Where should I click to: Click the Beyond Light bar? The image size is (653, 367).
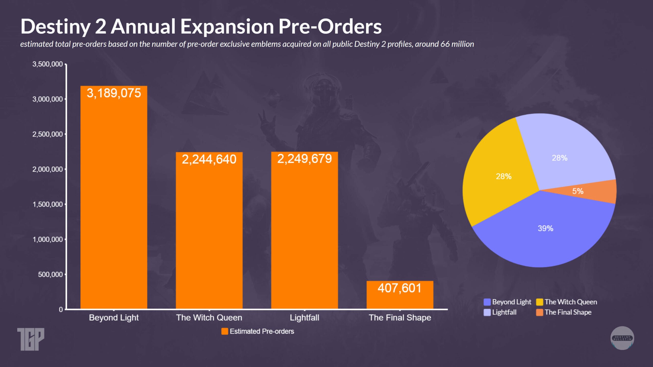(x=114, y=204)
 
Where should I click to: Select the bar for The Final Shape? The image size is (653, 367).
(x=400, y=298)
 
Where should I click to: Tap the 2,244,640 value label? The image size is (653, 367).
(x=209, y=160)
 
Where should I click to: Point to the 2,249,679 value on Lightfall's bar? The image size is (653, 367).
(x=304, y=159)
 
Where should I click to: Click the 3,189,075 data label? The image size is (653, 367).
(x=114, y=93)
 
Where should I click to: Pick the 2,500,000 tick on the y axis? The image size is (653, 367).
(x=47, y=134)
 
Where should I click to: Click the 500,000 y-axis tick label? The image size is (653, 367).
(x=50, y=274)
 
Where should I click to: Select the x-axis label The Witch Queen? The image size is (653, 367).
(x=209, y=318)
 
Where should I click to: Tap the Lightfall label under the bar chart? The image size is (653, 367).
(x=304, y=318)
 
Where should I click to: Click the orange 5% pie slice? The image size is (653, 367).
(x=587, y=191)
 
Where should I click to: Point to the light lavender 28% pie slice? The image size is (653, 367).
(x=561, y=153)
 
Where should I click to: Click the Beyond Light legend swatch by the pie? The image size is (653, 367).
(x=487, y=302)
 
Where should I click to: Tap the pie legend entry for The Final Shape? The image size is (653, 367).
(x=568, y=312)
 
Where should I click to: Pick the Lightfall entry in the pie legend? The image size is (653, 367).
(x=504, y=312)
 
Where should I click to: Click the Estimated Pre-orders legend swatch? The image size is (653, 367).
(x=224, y=331)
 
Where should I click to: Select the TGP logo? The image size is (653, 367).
(x=31, y=339)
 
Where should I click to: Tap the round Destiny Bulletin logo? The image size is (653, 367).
(x=622, y=338)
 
